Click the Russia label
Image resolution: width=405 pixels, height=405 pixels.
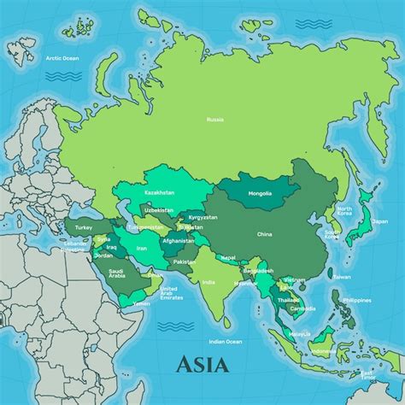click(215, 120)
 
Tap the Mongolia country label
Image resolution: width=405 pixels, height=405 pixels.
click(260, 194)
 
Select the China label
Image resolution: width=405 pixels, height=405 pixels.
click(265, 233)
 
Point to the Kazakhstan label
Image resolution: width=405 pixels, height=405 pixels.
click(159, 192)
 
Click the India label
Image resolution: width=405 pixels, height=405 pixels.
click(208, 282)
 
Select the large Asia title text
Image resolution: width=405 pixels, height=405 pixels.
click(202, 365)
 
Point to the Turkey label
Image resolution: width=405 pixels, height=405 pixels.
click(83, 228)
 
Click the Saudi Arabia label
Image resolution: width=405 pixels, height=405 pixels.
click(117, 273)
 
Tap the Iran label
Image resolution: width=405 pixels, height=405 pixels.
click(142, 248)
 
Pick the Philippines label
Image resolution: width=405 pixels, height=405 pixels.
click(355, 300)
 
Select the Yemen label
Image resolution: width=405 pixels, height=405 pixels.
click(142, 302)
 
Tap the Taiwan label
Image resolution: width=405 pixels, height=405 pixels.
click(342, 277)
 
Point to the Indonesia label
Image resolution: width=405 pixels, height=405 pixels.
click(323, 350)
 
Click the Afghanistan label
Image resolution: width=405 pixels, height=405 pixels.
click(179, 240)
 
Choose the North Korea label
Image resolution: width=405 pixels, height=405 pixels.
click(343, 211)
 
